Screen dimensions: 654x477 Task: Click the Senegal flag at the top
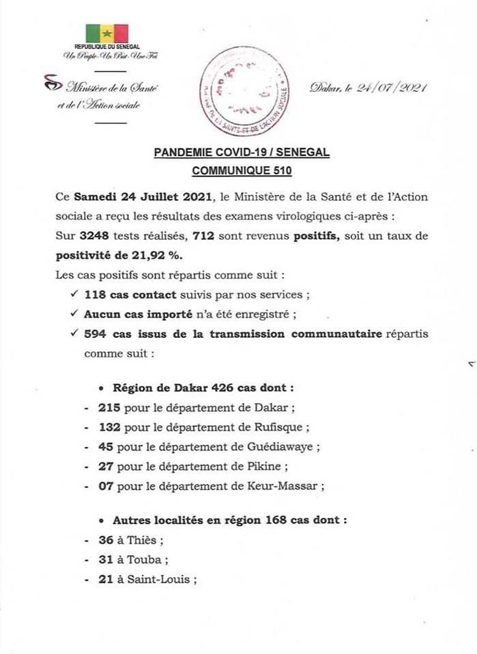(106, 33)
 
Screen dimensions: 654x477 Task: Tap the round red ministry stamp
(249, 91)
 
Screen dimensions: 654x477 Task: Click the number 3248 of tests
(93, 236)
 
